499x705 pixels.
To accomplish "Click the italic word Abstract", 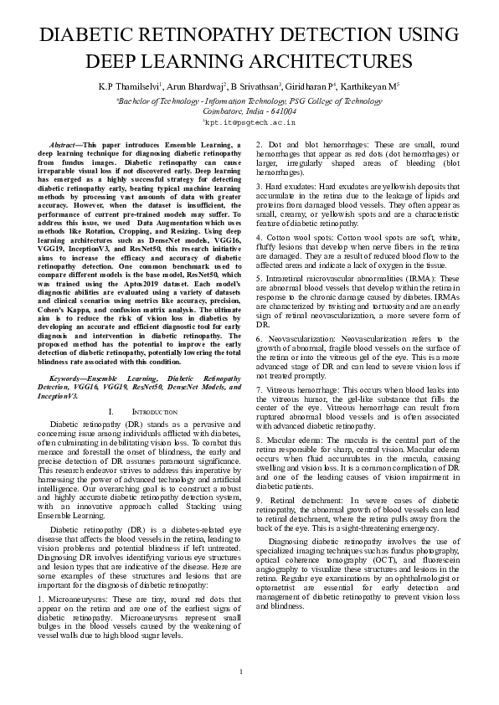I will [x=66, y=145].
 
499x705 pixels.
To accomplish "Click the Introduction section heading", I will [x=155, y=413].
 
